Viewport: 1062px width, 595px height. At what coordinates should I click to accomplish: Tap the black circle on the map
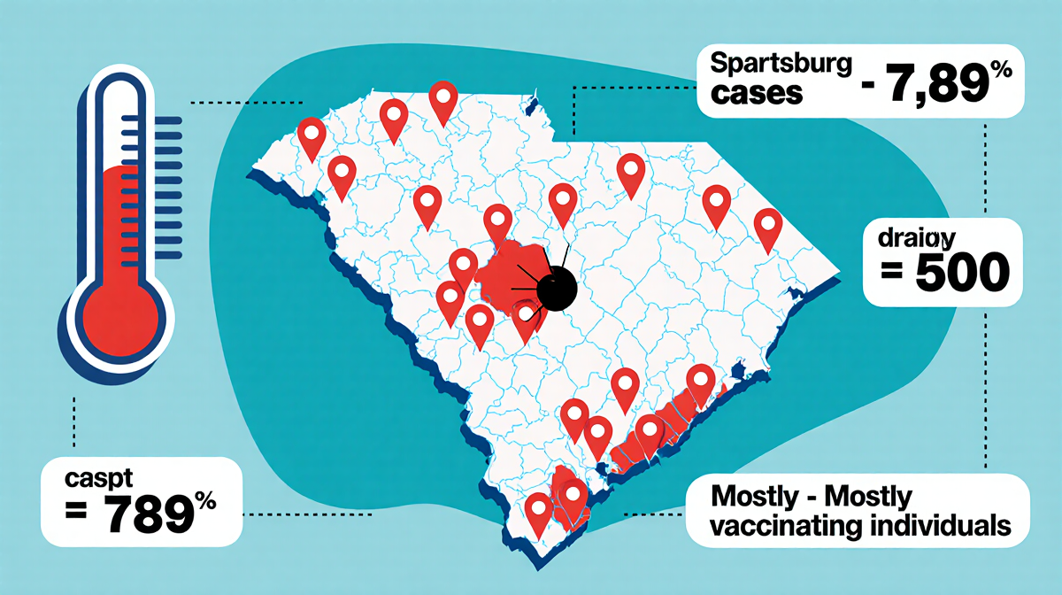557,288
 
